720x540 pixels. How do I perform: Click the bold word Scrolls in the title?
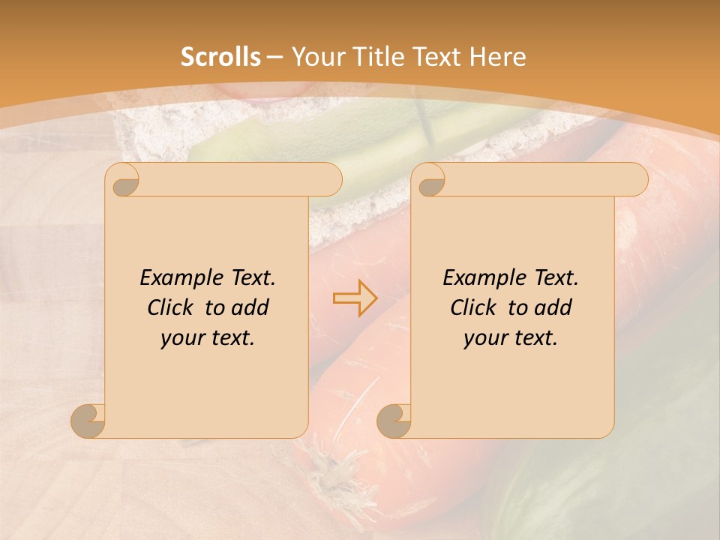[x=221, y=57]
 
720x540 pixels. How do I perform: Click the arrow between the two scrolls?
[x=355, y=298]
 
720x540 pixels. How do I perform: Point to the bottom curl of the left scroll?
[x=88, y=421]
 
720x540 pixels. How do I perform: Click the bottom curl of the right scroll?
[x=394, y=421]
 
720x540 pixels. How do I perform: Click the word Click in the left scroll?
[x=169, y=308]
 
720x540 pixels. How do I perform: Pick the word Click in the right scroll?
[x=472, y=308]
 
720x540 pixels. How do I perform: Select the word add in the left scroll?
[x=251, y=308]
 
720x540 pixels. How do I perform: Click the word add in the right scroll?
[x=554, y=308]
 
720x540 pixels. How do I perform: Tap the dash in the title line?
[x=275, y=58]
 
